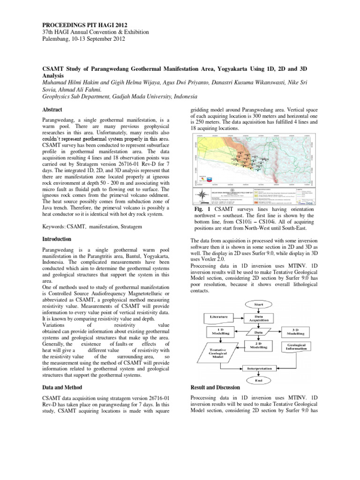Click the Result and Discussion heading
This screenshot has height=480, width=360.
tap(215, 388)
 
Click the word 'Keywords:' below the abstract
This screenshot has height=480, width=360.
tap(49, 227)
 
